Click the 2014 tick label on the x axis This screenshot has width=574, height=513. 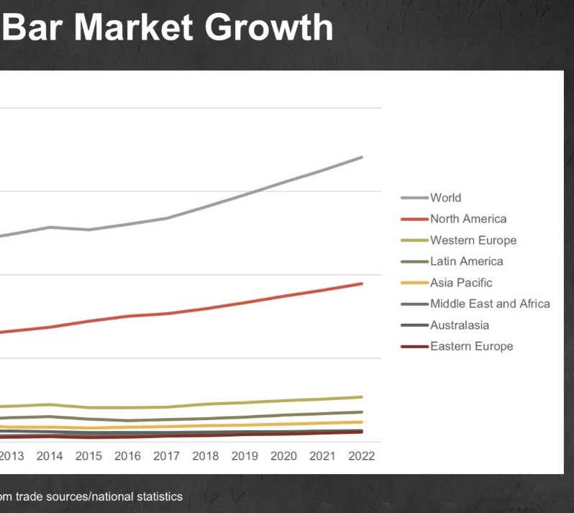coord(50,456)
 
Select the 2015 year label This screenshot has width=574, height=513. coord(88,456)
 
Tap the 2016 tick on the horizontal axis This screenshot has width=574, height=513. coord(127,456)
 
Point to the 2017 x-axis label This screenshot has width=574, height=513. coord(166,456)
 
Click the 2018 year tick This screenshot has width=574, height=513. coord(206,456)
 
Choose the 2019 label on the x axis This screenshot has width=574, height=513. coord(245,456)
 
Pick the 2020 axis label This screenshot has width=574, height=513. coord(283,456)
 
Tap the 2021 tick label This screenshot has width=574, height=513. coord(322,456)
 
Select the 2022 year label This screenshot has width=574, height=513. coord(361,456)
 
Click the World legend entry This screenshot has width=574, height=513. coord(445,198)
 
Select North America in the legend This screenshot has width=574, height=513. coord(468,219)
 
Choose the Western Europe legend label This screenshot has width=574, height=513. coord(473,240)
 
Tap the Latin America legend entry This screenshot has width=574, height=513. coord(466,261)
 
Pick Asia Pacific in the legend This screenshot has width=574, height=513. coord(461,283)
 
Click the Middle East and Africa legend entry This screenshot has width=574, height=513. coord(490,304)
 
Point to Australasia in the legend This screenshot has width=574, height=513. coord(460,325)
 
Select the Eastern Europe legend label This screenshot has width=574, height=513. coord(471,346)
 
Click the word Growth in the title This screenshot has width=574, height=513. coord(269,27)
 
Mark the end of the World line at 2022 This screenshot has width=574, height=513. coord(362,157)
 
